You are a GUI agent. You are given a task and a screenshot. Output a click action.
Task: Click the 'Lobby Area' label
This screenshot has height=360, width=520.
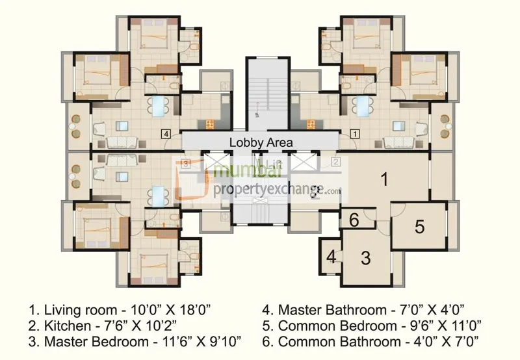click(x=260, y=142)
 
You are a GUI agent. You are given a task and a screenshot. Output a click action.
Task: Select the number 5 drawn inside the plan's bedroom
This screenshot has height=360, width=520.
click(x=419, y=227)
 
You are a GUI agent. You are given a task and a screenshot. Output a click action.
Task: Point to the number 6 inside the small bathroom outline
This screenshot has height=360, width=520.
click(x=354, y=220)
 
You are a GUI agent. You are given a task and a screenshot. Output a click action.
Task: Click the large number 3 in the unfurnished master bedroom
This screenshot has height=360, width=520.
click(x=365, y=259)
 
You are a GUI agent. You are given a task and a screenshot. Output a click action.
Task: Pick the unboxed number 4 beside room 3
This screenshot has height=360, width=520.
click(x=331, y=257)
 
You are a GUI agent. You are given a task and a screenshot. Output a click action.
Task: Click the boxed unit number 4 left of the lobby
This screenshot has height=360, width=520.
click(x=167, y=135)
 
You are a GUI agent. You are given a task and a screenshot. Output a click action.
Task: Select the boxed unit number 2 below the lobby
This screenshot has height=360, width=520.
click(x=335, y=162)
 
